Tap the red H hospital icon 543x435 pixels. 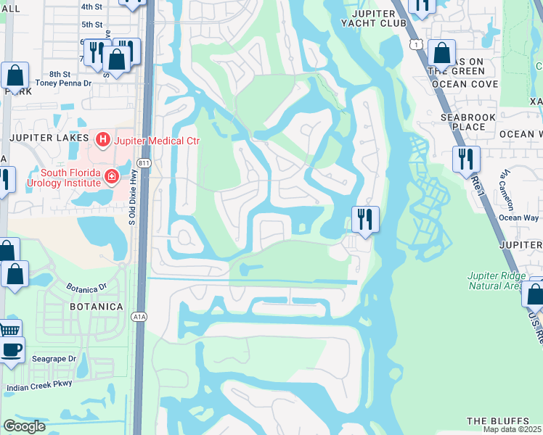pyautogui.click(x=103, y=138)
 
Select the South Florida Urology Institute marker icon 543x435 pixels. pyautogui.click(x=111, y=176)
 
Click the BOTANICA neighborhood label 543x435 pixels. pyautogui.click(x=96, y=307)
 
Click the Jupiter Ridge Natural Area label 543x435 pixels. pyautogui.click(x=496, y=280)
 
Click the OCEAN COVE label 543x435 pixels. pyautogui.click(x=465, y=84)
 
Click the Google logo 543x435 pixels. pyautogui.click(x=24, y=426)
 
